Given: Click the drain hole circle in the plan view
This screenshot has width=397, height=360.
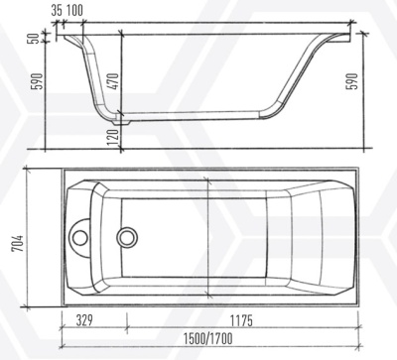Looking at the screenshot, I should pyautogui.click(x=127, y=237).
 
